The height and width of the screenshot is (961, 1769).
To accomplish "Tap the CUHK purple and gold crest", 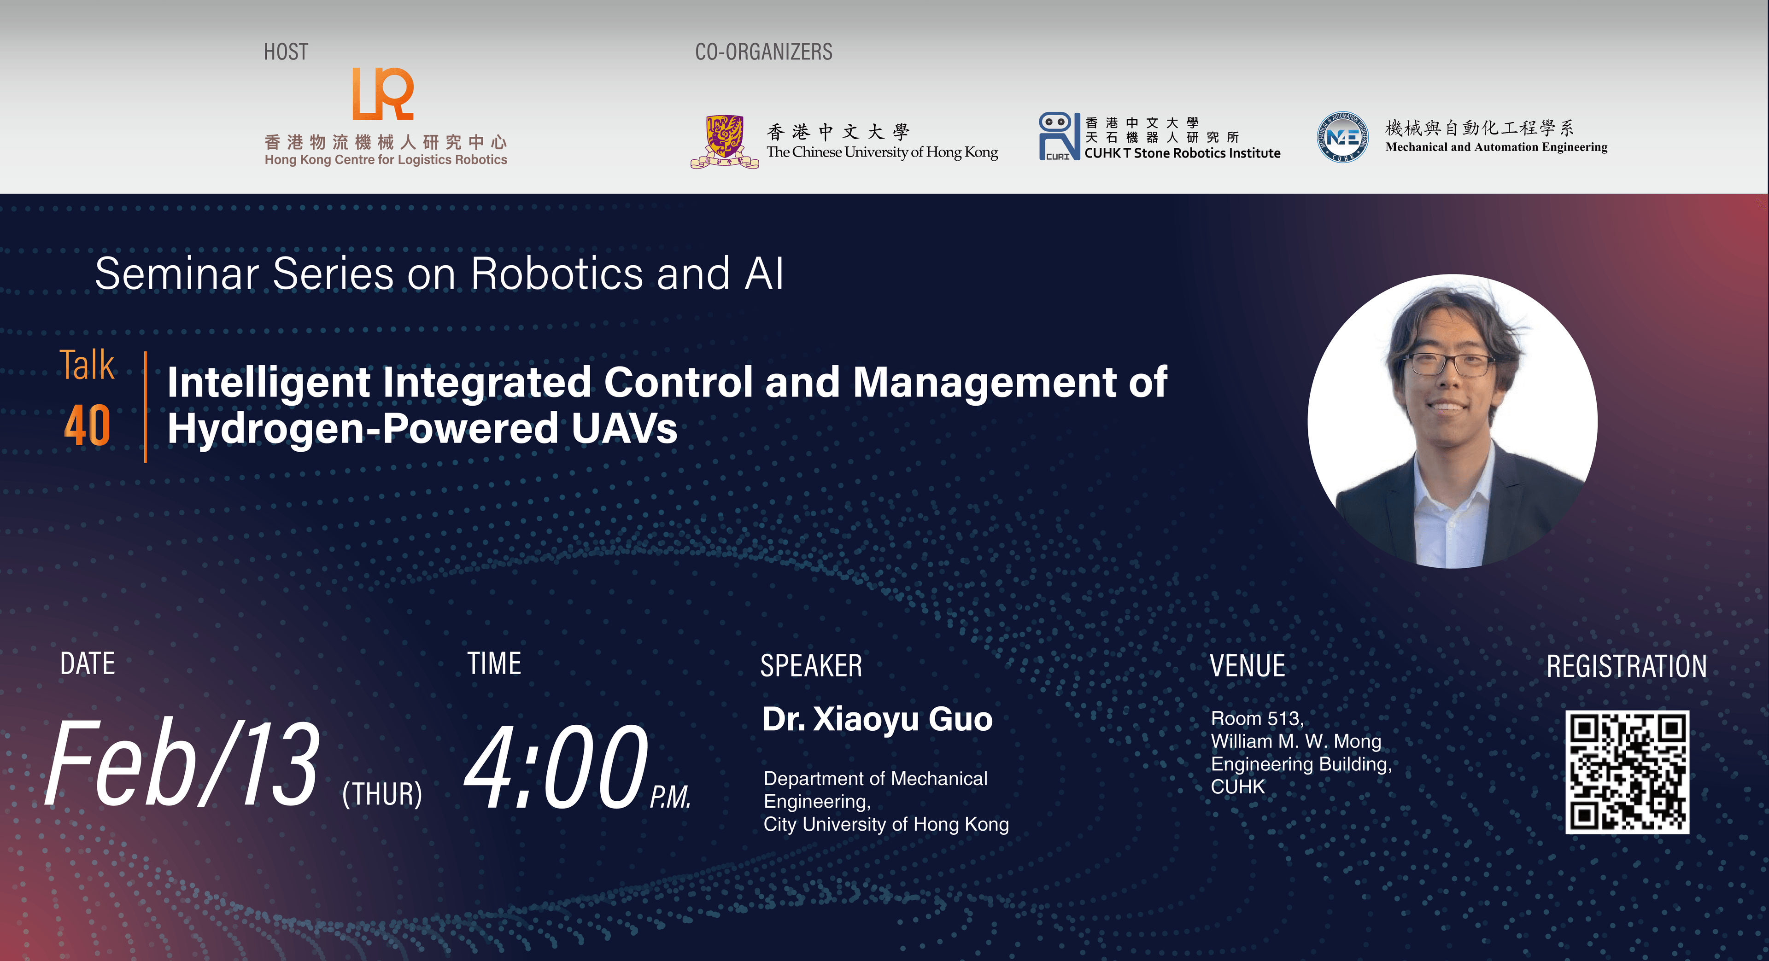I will coord(725,141).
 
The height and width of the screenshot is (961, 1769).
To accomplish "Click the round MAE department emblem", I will coord(1342,137).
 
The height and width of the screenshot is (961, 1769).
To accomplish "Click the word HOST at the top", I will coord(286,52).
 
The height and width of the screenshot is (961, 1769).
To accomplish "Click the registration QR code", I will coord(1626,772).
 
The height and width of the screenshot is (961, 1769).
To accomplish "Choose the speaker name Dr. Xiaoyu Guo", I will coord(877,719).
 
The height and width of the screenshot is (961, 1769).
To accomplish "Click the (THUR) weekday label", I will coord(382,794).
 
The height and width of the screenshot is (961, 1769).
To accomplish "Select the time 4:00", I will coord(556,767).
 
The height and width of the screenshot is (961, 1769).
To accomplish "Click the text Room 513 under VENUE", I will coord(1257,719).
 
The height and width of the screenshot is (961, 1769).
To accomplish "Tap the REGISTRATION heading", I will coord(1625,666).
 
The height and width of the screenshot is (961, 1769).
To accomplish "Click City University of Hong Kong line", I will coord(886,824).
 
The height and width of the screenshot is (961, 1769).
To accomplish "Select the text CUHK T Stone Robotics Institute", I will coord(1182,153).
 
